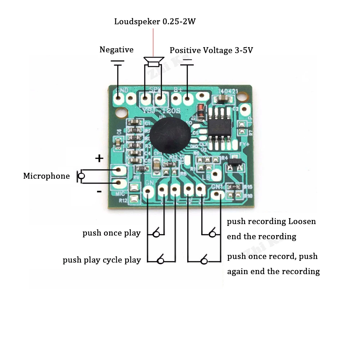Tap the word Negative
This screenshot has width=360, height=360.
(x=116, y=50)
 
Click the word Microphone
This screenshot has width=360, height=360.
(x=46, y=176)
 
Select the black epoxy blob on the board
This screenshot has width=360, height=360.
(x=170, y=135)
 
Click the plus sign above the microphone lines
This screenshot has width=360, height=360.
(x=99, y=158)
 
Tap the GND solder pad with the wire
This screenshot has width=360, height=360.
(x=118, y=97)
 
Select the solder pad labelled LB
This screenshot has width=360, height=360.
(x=216, y=175)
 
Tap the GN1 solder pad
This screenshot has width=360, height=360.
(x=216, y=195)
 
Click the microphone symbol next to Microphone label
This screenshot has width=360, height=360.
(x=81, y=176)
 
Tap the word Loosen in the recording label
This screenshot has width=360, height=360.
(x=302, y=221)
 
